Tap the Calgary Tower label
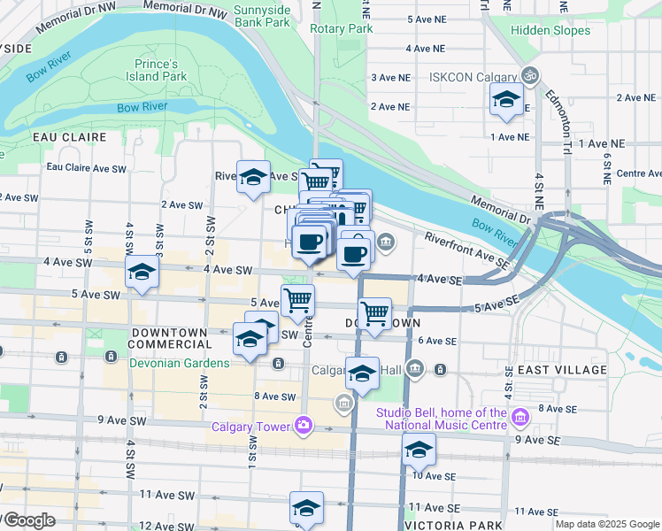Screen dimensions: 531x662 (250, 427)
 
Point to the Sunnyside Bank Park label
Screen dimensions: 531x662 (263, 15)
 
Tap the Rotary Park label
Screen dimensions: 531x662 (342, 28)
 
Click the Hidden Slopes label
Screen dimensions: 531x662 (550, 30)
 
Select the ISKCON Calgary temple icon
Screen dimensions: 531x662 (530, 76)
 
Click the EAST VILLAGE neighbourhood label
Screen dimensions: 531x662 (563, 370)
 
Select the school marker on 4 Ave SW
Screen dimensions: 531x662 (142, 273)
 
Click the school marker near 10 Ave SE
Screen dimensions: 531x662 (419, 450)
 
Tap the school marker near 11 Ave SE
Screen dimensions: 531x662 (307, 508)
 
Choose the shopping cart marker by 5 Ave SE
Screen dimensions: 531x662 (375, 313)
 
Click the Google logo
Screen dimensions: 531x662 (29, 520)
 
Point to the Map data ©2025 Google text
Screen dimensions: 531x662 (607, 524)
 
